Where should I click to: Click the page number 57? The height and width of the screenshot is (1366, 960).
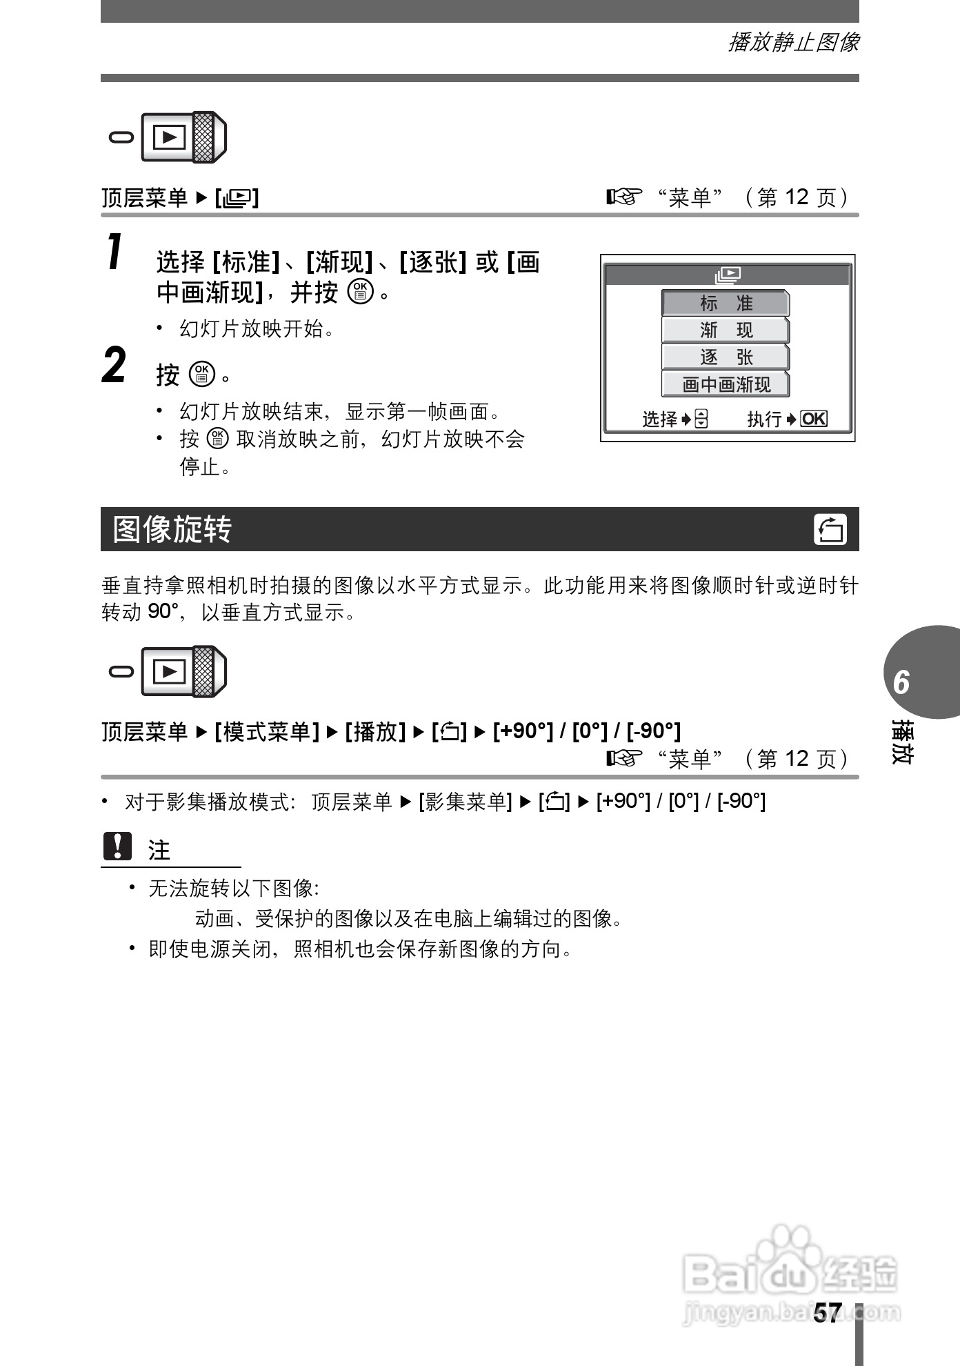tap(827, 1312)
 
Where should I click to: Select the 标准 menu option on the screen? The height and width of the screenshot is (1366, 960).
tap(725, 303)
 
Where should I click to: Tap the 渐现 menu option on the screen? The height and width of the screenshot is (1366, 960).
tap(725, 330)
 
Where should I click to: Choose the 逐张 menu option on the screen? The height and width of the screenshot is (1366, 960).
tap(725, 357)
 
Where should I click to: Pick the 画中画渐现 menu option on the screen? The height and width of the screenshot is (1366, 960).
tap(725, 384)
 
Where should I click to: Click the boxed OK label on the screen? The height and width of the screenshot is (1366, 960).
tap(814, 419)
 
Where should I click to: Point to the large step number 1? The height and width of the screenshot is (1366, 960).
tap(116, 253)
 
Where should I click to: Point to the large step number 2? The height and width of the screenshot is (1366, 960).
tap(114, 366)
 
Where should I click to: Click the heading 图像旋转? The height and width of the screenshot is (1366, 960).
tap(172, 529)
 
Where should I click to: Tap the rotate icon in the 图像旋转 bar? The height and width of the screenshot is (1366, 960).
tap(830, 530)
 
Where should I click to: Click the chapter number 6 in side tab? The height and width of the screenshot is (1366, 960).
tap(901, 682)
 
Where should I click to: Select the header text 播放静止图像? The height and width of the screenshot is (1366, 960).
tap(794, 43)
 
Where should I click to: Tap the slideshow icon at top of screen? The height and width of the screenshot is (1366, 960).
tap(728, 275)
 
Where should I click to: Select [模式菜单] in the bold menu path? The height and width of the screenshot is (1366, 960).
tap(267, 731)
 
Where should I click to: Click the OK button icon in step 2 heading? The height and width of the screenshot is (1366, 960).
tap(201, 374)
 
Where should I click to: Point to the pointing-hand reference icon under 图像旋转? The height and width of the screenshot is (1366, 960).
tap(624, 759)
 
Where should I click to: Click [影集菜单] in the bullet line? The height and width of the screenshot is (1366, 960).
tap(465, 802)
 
